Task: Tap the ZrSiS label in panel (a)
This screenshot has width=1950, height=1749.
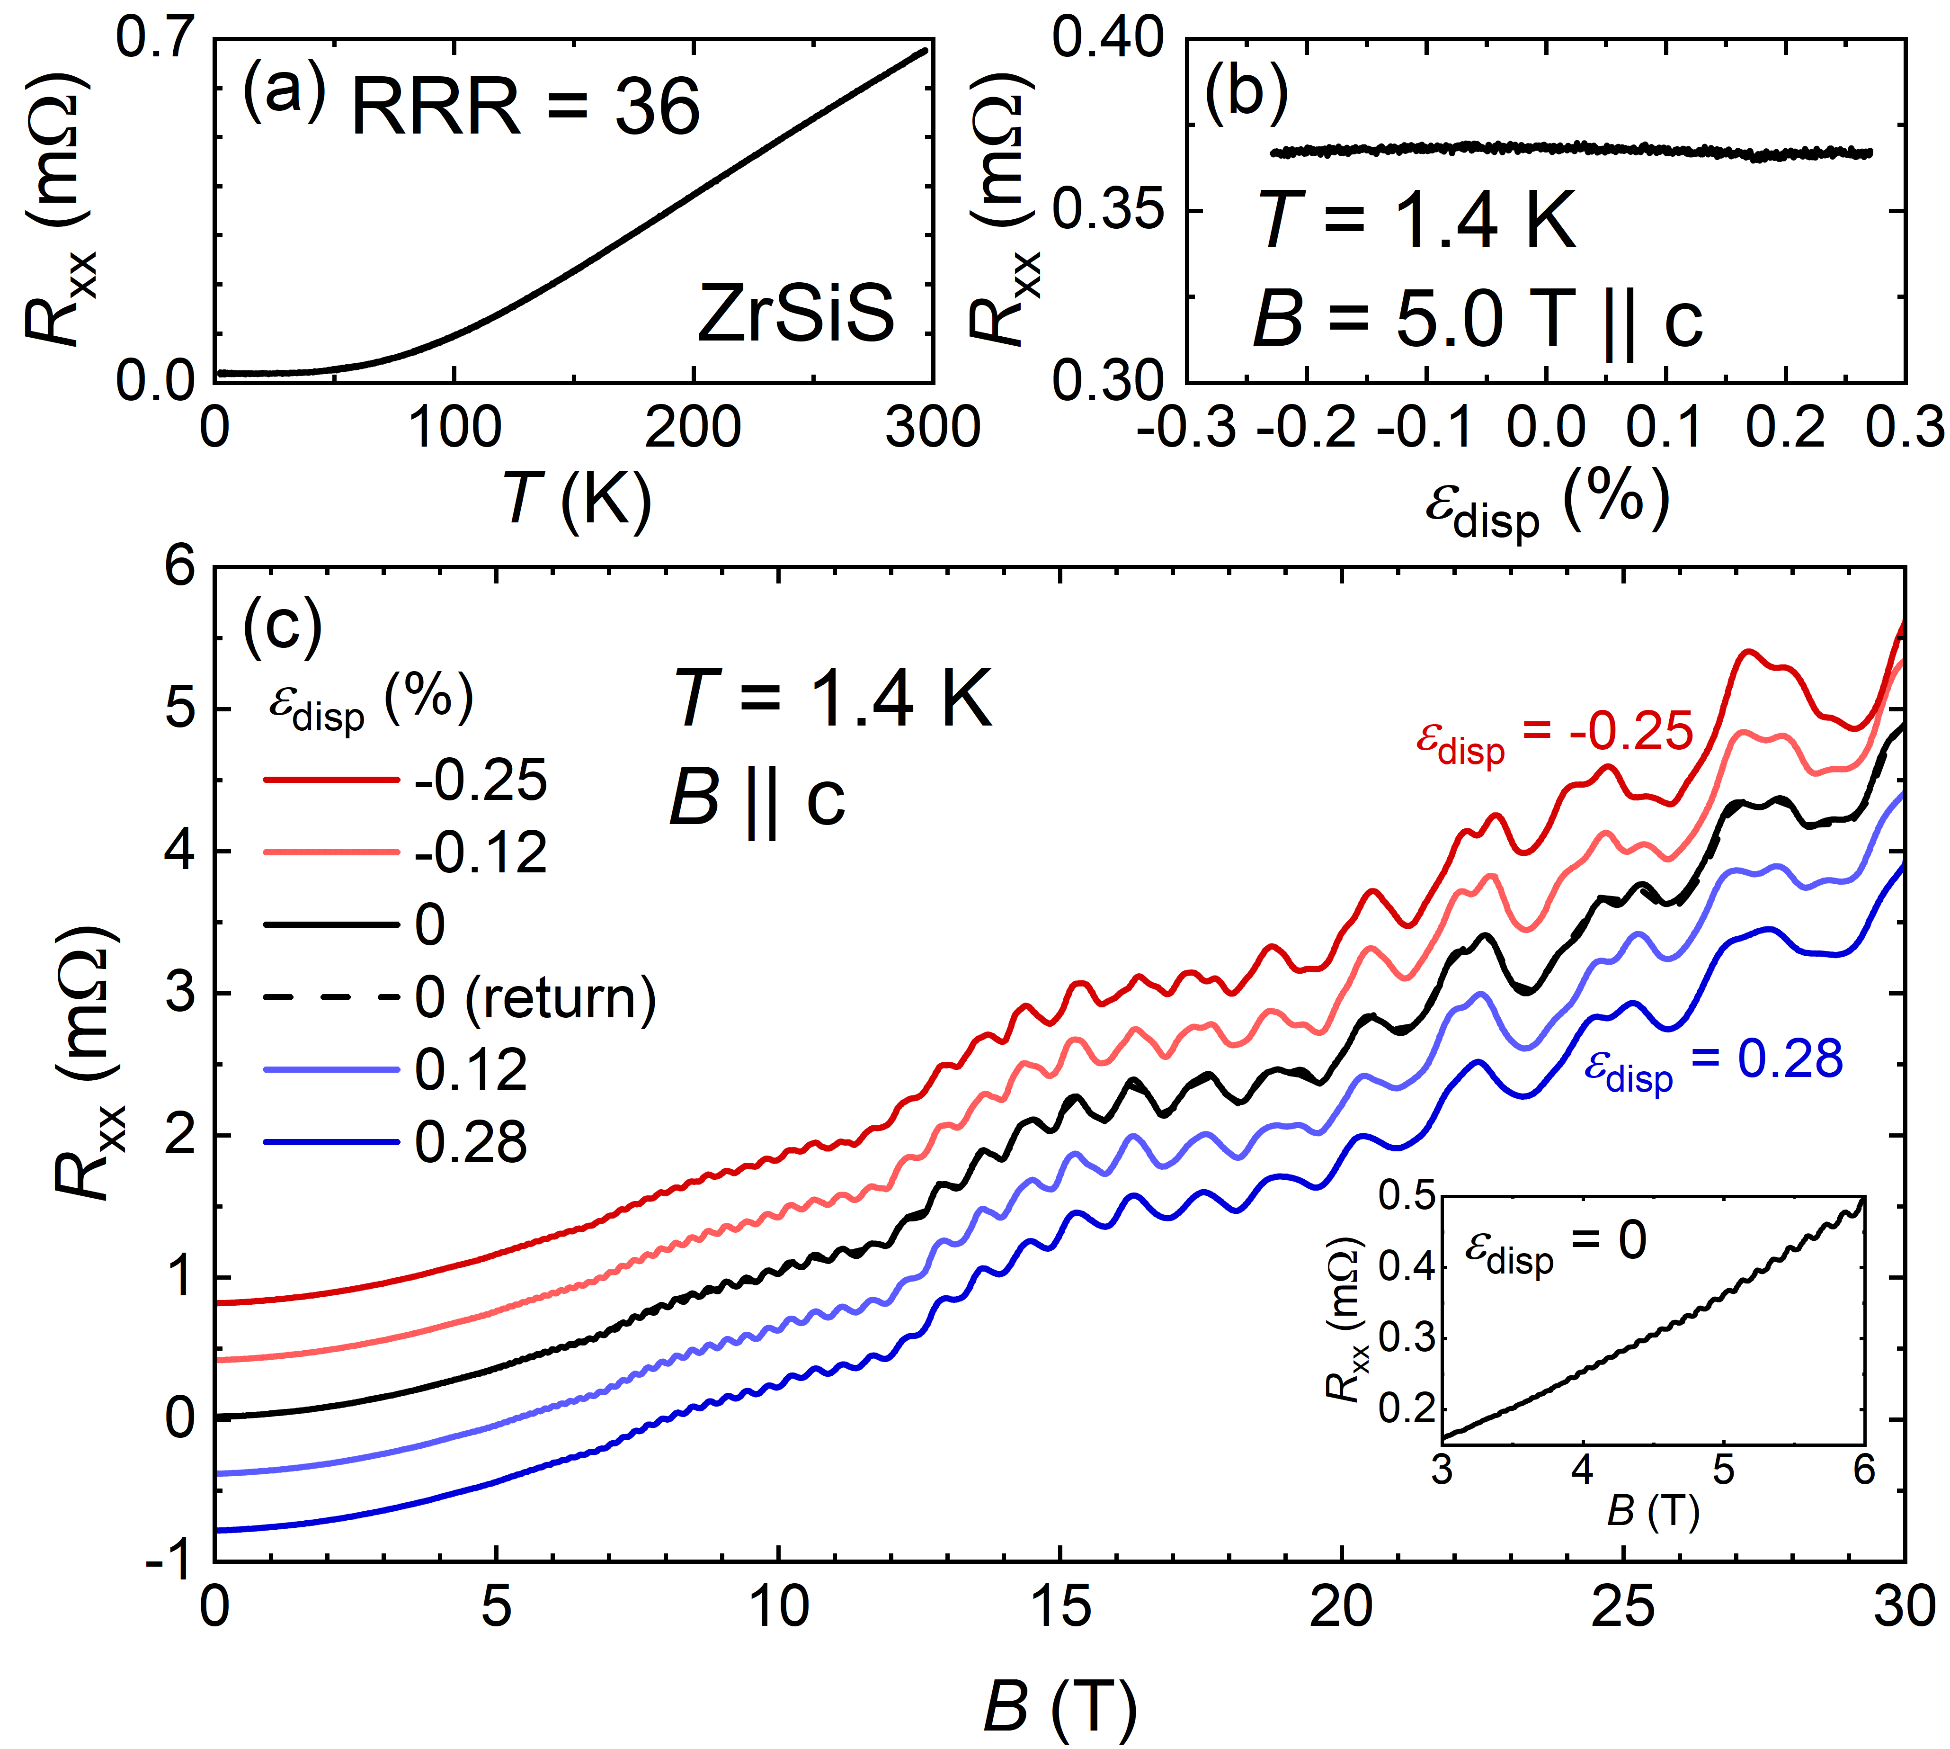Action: point(795,313)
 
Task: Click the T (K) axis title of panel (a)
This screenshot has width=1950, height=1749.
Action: point(576,498)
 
